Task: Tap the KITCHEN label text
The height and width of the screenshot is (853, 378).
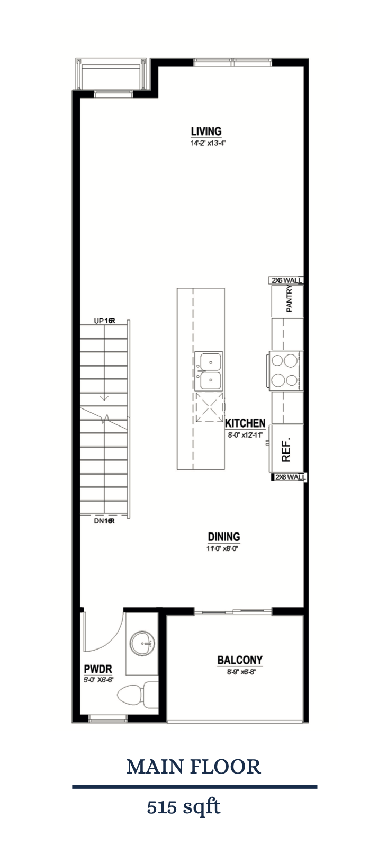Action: point(245,423)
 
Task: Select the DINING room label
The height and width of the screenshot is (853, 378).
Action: point(223,537)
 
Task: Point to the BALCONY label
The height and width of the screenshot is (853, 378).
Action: point(239,660)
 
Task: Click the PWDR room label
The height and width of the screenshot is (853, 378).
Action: point(97,669)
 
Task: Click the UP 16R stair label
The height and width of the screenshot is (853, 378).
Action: point(104,321)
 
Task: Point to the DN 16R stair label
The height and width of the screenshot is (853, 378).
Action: point(104,520)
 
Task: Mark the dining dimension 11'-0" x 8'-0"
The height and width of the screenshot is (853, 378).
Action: point(223,549)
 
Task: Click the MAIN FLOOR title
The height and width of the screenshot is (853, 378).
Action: point(194,767)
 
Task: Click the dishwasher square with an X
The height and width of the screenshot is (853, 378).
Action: point(209,407)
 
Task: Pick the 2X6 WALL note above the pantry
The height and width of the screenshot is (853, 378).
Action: point(286,280)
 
